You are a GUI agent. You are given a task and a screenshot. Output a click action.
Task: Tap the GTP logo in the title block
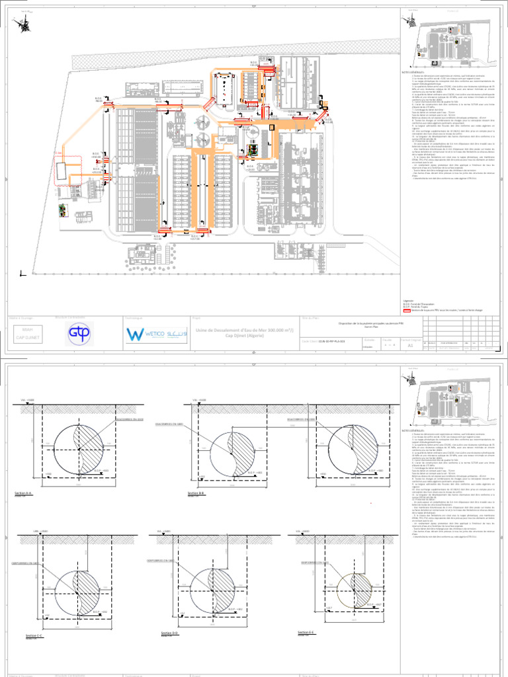(x=81, y=334)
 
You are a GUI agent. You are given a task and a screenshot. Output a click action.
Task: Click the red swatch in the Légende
(x=407, y=309)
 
